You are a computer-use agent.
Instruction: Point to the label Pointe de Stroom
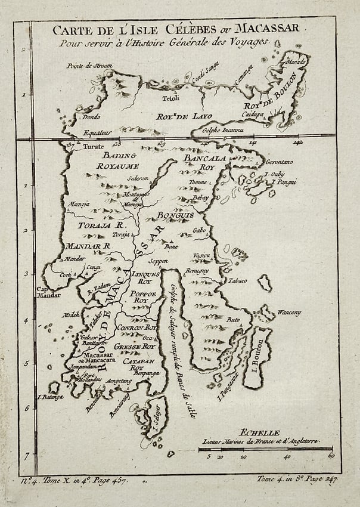point(90,66)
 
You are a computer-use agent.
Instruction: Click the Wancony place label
point(290,313)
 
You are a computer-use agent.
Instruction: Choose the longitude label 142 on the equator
point(298,143)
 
